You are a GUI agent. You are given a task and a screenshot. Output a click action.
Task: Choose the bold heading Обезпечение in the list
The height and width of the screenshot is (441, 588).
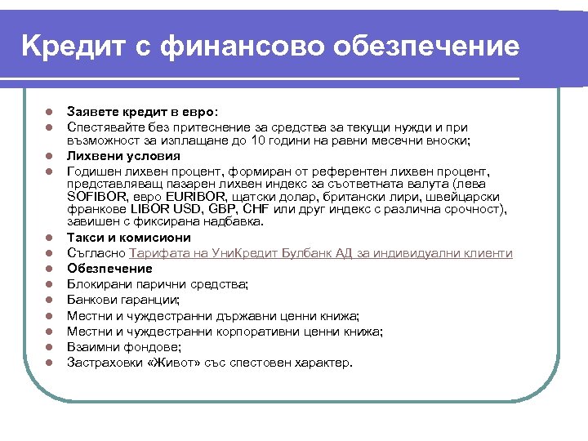[109, 269]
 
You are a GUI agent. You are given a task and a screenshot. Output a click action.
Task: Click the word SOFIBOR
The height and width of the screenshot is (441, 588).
[97, 197]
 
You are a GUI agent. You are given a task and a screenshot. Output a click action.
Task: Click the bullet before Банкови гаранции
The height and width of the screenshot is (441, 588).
[48, 300]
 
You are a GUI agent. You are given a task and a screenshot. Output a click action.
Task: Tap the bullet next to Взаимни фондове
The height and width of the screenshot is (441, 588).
[48, 346]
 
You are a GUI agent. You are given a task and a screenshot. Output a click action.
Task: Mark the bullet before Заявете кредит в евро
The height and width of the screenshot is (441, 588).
[48, 112]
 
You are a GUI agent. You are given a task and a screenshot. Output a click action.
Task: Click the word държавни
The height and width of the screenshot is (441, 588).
[243, 315]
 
